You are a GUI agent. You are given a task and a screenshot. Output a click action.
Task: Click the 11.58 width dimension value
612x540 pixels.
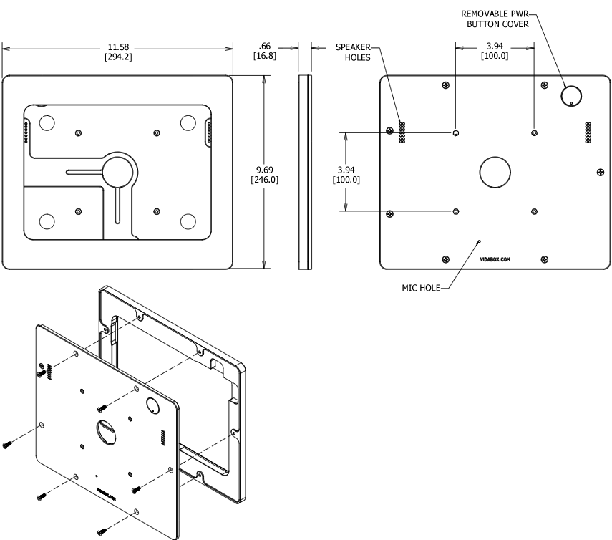pos(118,47)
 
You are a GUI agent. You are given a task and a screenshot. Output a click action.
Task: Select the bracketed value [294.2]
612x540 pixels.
pos(118,56)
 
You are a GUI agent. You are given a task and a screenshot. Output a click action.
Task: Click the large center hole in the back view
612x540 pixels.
pos(495,172)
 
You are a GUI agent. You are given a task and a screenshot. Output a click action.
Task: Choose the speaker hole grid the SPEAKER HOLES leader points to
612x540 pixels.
pos(402,131)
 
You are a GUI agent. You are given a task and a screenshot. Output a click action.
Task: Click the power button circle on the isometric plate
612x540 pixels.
pos(152,406)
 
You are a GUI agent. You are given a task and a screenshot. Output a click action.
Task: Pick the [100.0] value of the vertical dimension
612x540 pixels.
pos(346,179)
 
